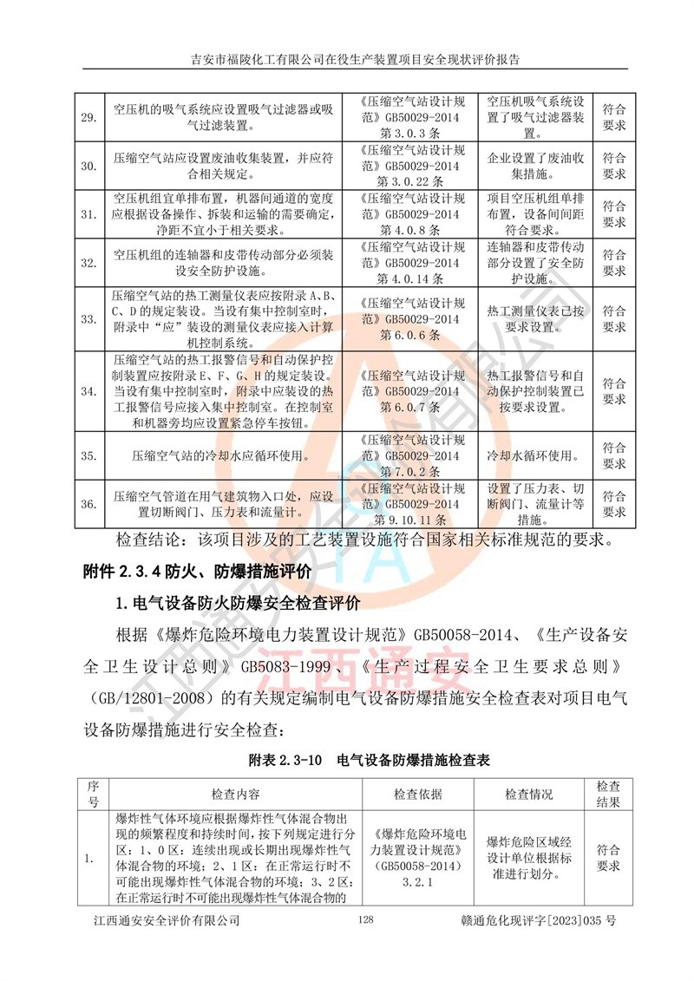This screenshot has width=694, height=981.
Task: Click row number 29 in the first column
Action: [88, 117]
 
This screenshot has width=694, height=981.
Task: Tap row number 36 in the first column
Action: [88, 502]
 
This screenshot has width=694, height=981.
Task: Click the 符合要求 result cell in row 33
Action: [614, 318]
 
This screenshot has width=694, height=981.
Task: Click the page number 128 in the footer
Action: [364, 944]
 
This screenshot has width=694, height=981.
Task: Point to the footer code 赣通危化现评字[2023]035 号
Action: [540, 944]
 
